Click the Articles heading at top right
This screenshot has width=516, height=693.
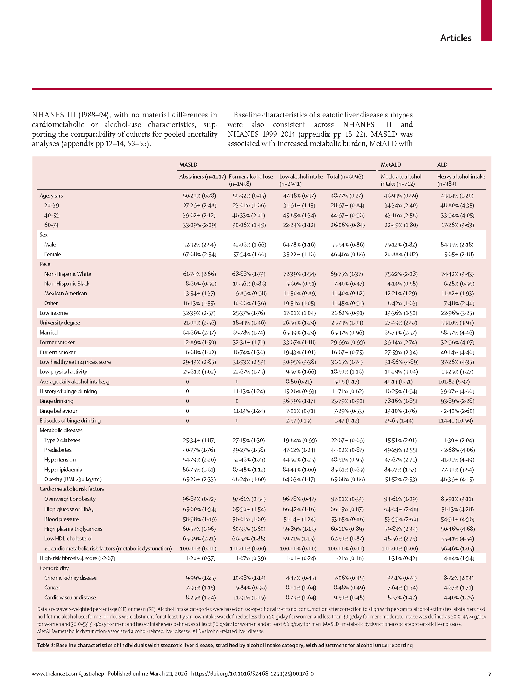coord(455,38)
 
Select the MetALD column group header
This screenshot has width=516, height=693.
coord(391,165)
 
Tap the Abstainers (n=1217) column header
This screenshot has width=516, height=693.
coord(202,177)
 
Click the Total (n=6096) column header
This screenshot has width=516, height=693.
coord(345,177)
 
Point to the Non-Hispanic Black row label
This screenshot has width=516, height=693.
coord(66,283)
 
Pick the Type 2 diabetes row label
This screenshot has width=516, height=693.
coord(62,440)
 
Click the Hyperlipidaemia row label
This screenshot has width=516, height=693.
coord(63,469)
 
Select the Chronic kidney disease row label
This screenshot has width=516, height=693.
coord(70,578)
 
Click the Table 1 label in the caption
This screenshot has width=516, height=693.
coord(46,645)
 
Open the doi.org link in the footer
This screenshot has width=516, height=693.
coord(252,674)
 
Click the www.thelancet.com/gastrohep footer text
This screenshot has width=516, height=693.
coord(68,674)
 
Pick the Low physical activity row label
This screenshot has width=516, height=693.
coord(63,372)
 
